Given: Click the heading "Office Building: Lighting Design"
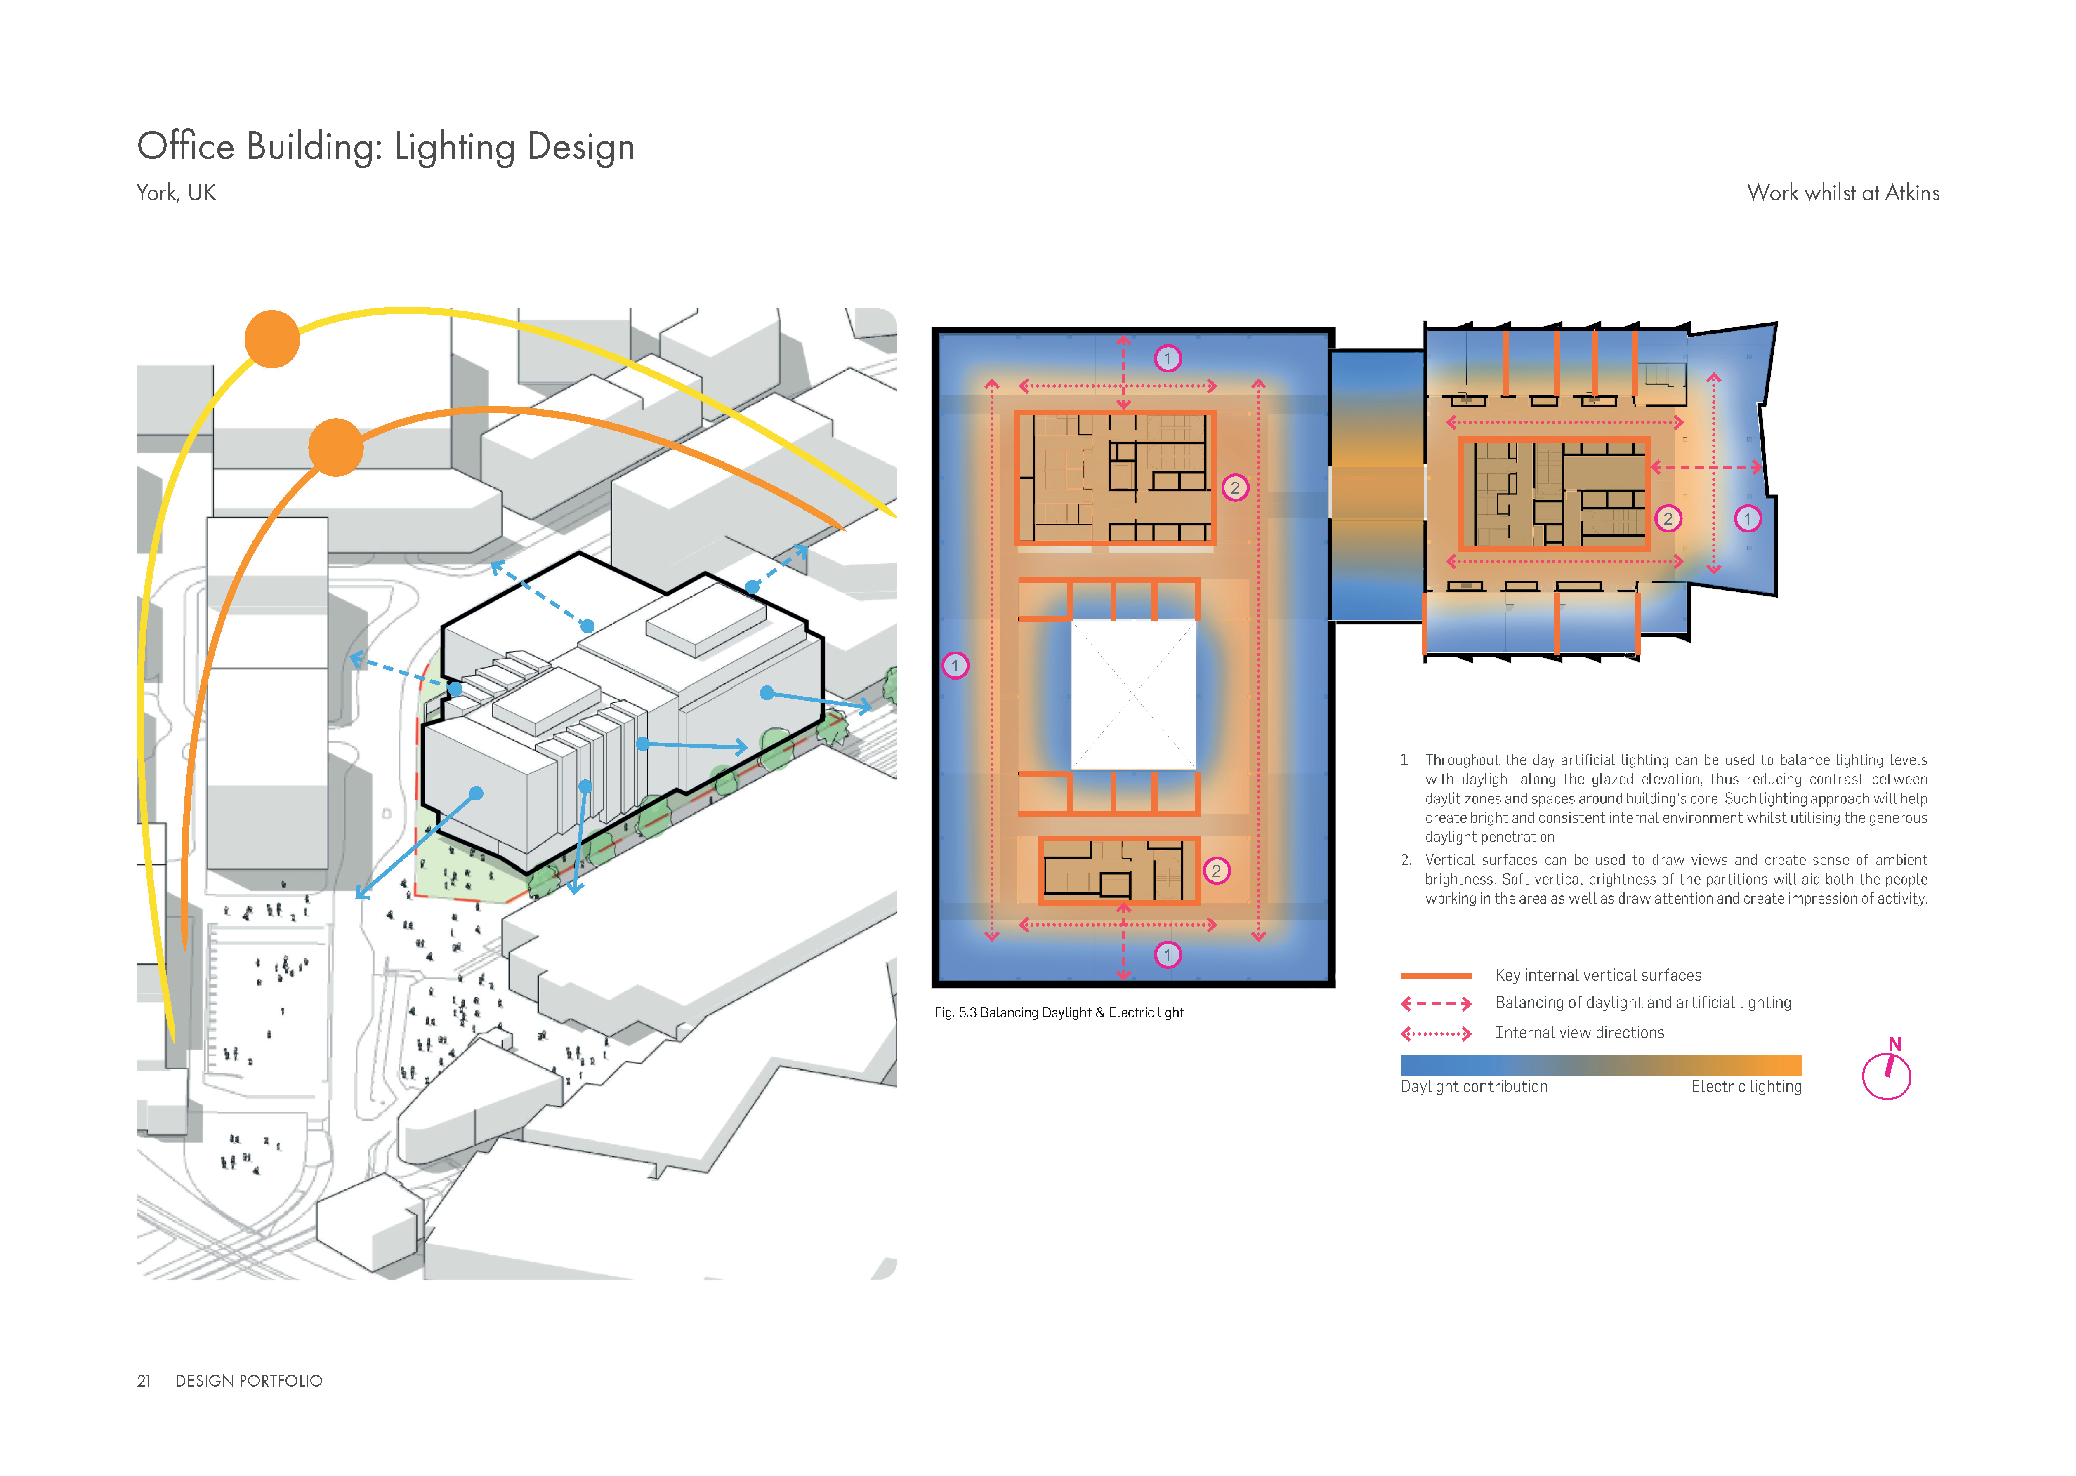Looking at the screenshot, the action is click(x=385, y=146).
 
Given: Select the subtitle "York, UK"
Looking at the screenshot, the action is click(x=176, y=193).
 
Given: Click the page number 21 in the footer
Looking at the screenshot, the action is click(x=144, y=1381).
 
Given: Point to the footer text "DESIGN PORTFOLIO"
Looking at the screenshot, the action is click(x=249, y=1381).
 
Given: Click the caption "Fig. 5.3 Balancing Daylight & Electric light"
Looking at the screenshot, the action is click(x=1059, y=1012).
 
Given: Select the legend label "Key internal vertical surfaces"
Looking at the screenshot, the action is click(x=1598, y=975).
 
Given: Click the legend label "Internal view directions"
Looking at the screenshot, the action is click(x=1580, y=1033).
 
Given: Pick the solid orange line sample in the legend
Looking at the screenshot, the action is click(x=1436, y=975).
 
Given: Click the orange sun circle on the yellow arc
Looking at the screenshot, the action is click(x=272, y=339).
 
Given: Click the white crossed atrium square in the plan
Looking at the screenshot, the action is click(x=1133, y=694).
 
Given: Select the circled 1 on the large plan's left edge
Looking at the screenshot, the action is click(x=955, y=665).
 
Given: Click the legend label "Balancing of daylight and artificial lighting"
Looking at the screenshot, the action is click(x=1643, y=1003).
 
